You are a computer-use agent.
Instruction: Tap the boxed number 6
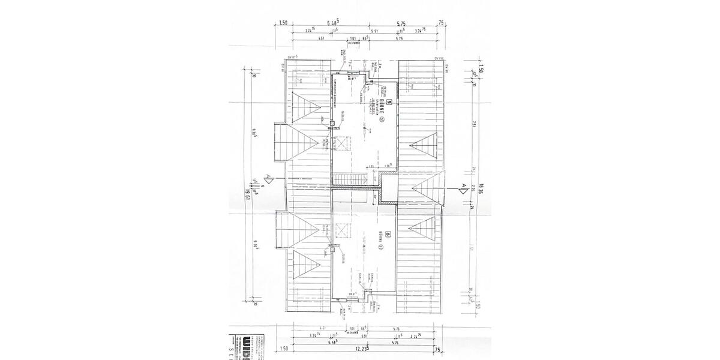388,235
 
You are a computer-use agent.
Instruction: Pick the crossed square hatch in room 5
341,144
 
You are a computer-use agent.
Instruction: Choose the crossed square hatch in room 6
341,227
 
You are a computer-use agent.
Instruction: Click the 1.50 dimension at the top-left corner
283,23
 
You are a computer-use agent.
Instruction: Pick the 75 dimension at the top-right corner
441,23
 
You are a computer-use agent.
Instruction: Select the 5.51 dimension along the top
374,31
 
